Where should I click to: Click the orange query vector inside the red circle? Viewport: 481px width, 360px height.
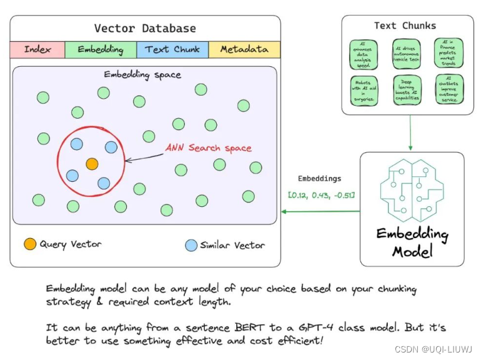(92, 164)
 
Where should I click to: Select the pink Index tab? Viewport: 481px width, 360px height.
(37, 49)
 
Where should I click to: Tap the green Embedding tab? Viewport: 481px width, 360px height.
(101, 49)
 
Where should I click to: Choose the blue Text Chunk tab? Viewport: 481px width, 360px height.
(172, 49)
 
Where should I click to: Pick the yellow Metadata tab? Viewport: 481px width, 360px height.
(244, 49)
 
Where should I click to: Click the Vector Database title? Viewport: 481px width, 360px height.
(145, 29)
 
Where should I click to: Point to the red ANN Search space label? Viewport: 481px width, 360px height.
(208, 148)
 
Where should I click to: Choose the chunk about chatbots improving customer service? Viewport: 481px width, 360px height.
(449, 91)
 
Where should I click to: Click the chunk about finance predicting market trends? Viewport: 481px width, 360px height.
(449, 54)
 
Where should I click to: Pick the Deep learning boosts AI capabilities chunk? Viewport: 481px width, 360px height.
(408, 91)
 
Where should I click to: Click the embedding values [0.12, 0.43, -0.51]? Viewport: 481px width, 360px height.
(321, 196)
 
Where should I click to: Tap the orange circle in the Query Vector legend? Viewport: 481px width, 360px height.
(30, 244)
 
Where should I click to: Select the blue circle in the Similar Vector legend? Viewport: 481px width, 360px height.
(191, 245)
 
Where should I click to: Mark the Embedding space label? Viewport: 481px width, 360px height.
(142, 75)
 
